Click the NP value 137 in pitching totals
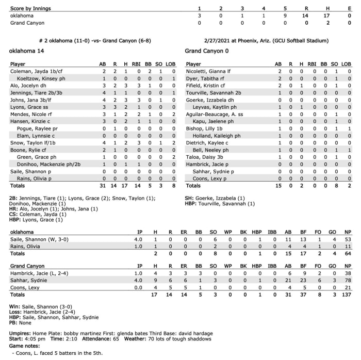[x=347, y=294]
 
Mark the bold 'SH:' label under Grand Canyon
[x=190, y=198]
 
